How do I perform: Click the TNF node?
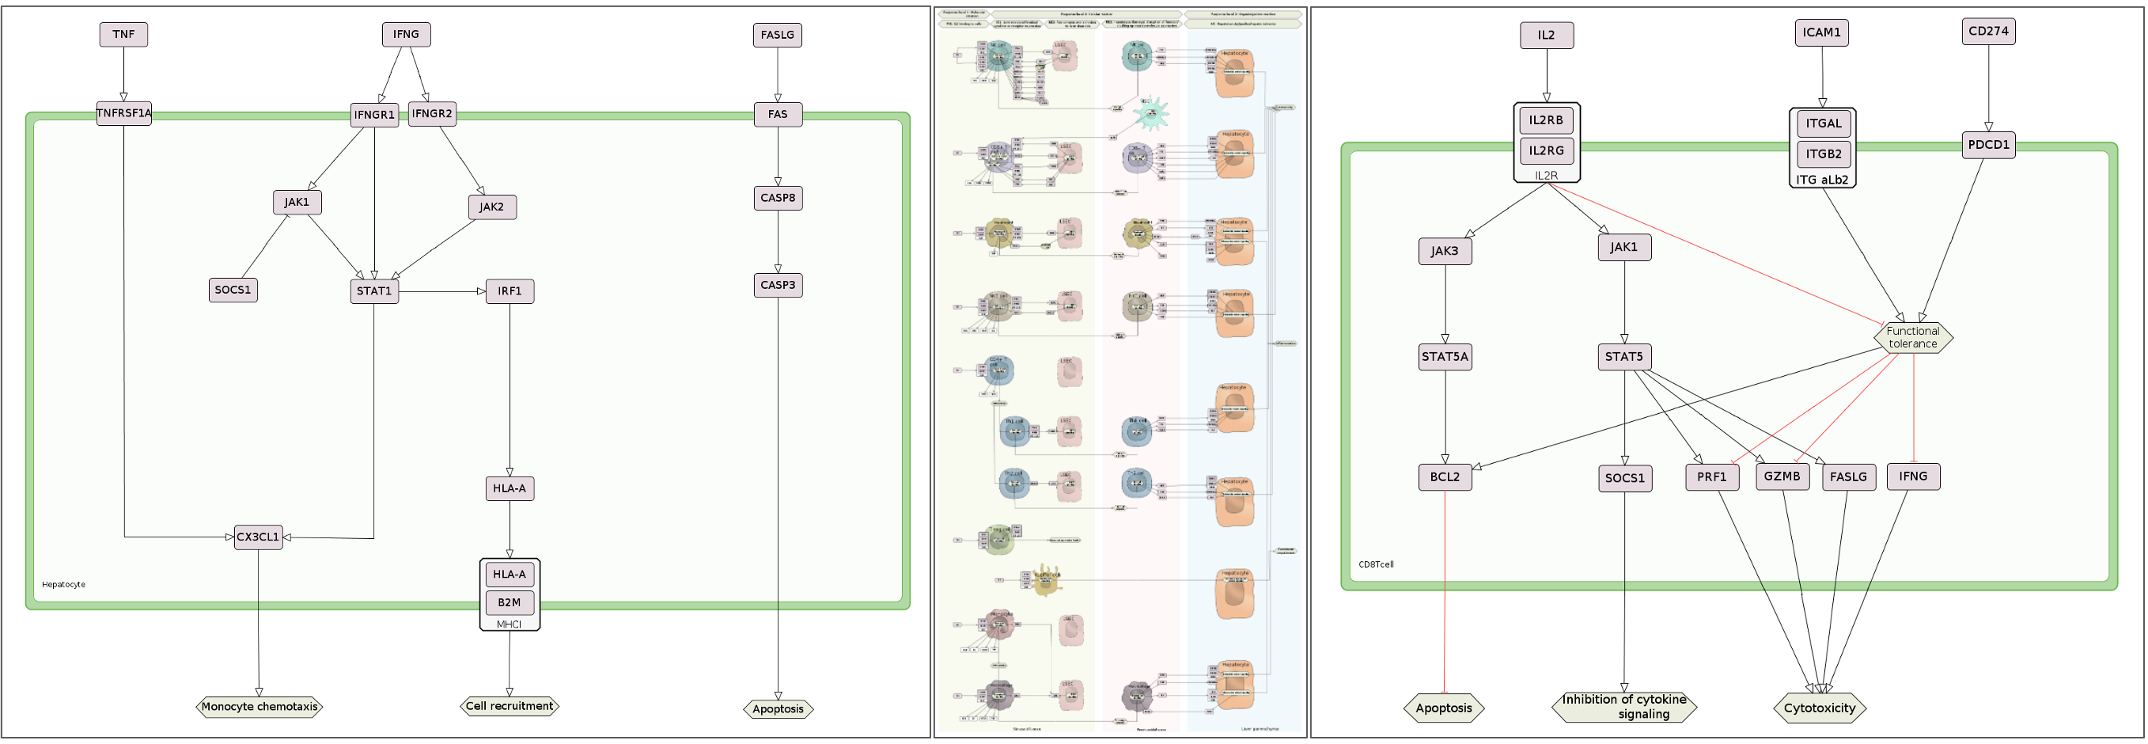pyautogui.click(x=123, y=34)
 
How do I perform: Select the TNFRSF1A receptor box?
pyautogui.click(x=123, y=113)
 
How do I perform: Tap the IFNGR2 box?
pyautogui.click(x=432, y=113)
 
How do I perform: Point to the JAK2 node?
pyautogui.click(x=492, y=207)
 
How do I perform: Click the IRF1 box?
pyautogui.click(x=510, y=291)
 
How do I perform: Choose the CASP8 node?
pyautogui.click(x=778, y=198)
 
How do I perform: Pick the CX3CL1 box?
pyautogui.click(x=258, y=537)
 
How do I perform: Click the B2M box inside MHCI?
pyautogui.click(x=510, y=602)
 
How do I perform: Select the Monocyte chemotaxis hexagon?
pyautogui.click(x=260, y=708)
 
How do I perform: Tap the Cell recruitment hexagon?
pyautogui.click(x=510, y=707)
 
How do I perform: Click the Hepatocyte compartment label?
pyautogui.click(x=63, y=585)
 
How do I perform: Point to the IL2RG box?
pyautogui.click(x=1546, y=150)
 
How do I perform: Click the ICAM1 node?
pyautogui.click(x=1821, y=32)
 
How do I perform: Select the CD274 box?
pyautogui.click(x=1988, y=31)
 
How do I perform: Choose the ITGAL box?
pyautogui.click(x=1824, y=123)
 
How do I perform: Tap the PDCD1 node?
pyautogui.click(x=1988, y=144)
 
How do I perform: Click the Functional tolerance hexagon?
pyautogui.click(x=1913, y=337)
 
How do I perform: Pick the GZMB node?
pyautogui.click(x=1782, y=476)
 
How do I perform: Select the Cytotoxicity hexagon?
pyautogui.click(x=1820, y=708)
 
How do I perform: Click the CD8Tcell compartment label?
pyautogui.click(x=1376, y=564)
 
